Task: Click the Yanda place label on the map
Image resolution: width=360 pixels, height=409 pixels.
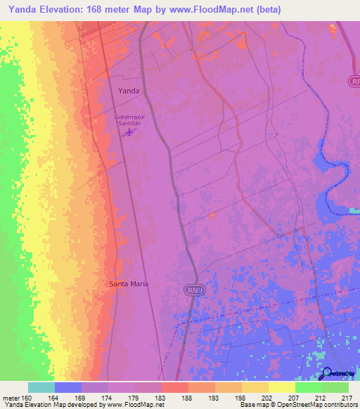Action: coord(129,91)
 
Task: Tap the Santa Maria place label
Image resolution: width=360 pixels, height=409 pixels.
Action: coord(129,284)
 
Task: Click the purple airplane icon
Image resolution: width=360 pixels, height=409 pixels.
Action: coord(128,132)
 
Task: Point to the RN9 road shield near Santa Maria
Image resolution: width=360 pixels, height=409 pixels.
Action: coord(193,290)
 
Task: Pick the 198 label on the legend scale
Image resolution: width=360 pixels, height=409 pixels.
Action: coord(241,398)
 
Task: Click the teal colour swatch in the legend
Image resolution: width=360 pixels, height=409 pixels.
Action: coord(41,387)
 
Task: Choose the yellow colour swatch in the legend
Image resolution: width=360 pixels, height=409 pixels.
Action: coord(281,387)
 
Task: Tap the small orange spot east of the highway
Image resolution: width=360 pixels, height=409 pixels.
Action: coord(212,215)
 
